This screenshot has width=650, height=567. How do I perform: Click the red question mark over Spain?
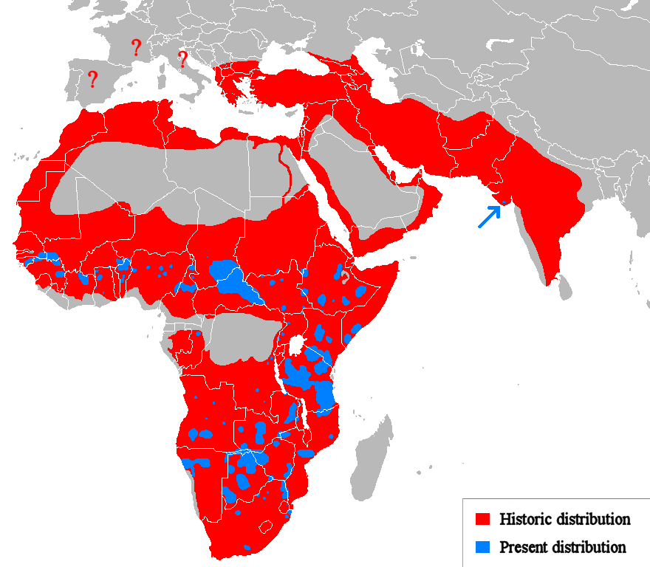pos(92,79)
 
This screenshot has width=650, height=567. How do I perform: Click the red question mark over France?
pos(136,48)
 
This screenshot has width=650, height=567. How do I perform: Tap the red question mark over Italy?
pos(182,59)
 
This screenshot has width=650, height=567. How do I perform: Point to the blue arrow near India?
pos(488,216)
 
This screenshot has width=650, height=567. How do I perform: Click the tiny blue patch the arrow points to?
pos(504,201)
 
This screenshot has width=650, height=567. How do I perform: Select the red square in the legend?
pos(483,519)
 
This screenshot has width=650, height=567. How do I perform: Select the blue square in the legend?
pos(483,547)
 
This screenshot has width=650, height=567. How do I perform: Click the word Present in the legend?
pos(522,547)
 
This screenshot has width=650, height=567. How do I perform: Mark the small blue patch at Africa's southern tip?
pos(247,547)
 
